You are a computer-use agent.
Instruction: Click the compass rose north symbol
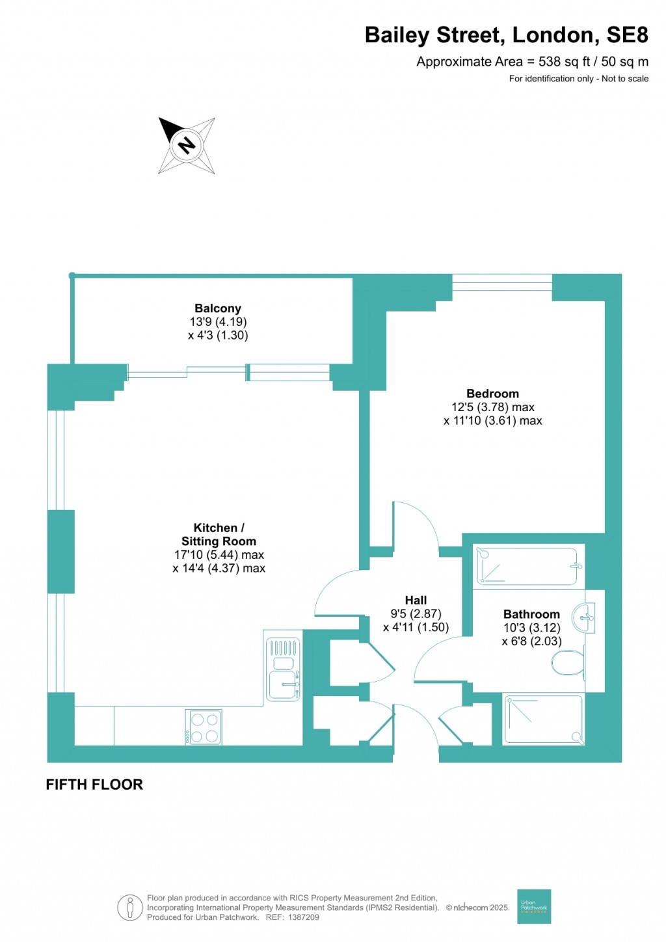pos(186,145)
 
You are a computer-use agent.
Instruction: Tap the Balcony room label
pos(218,308)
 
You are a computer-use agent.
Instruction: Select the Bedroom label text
pos(492,394)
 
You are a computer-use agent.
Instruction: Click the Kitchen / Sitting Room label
pos(219,535)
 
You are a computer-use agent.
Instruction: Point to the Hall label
pos(416,600)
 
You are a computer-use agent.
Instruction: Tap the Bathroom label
pos(531,614)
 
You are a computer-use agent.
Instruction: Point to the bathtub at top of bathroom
pos(527,566)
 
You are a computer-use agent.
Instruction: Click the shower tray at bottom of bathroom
pos(544,720)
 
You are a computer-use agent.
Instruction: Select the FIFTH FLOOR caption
pos(94,785)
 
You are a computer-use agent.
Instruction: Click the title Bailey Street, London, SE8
pos(506,35)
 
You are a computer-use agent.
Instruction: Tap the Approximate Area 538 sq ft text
pos(532,62)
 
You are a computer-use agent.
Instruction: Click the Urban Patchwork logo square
pos(534,906)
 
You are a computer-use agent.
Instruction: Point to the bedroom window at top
pos(502,282)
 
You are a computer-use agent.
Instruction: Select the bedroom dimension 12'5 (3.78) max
pos(492,407)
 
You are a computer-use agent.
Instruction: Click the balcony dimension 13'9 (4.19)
pos(218,322)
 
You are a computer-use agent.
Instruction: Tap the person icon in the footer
pos(130,908)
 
